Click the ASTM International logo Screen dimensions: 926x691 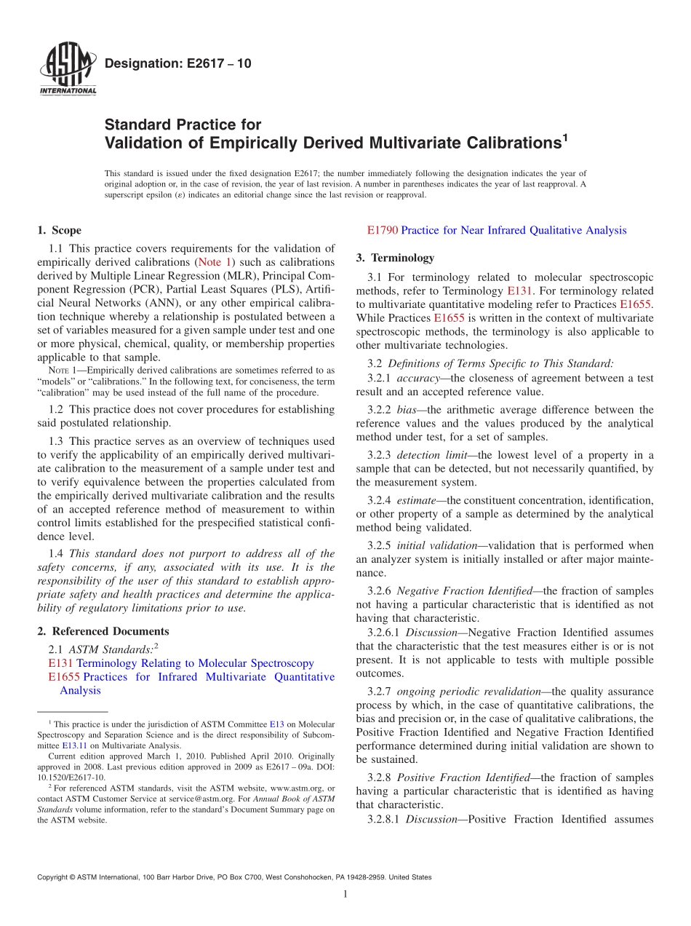(67, 70)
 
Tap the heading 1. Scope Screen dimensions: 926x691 (60, 231)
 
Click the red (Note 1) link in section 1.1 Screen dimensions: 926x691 (215, 262)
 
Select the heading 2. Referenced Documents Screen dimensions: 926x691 (103, 631)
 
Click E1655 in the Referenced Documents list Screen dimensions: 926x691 (64, 677)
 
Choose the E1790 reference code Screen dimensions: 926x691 (383, 231)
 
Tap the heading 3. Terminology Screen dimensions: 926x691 (395, 258)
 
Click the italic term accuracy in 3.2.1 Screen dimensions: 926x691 (418, 379)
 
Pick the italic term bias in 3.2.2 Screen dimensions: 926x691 (407, 410)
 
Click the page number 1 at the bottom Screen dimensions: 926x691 (345, 895)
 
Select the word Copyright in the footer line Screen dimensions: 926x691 (52, 877)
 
